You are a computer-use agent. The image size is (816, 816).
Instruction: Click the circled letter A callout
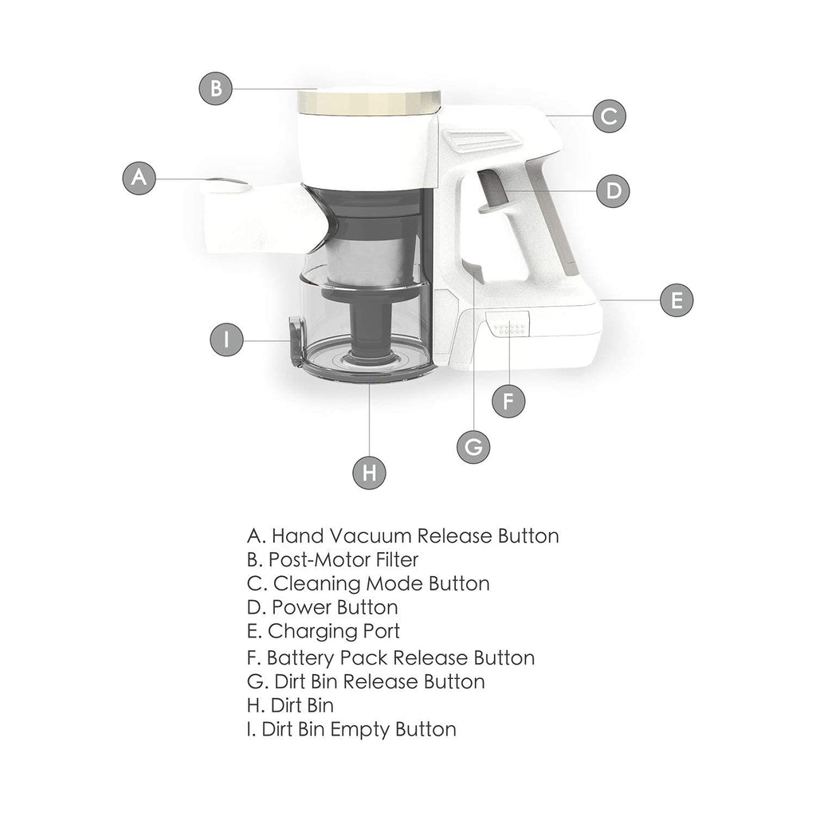[139, 178]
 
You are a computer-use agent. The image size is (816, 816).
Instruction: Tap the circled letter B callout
[215, 88]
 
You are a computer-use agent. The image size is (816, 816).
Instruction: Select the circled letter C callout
[610, 116]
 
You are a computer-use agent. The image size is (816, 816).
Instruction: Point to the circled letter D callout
[613, 191]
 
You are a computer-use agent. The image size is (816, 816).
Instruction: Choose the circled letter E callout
[677, 300]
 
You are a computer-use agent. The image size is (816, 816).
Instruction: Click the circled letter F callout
[508, 402]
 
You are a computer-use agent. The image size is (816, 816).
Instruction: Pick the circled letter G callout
[473, 447]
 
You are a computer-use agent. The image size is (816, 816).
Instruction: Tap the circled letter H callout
[369, 473]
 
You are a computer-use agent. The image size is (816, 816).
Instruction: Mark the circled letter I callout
[226, 339]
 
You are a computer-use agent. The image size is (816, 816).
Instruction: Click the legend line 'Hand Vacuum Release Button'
[402, 536]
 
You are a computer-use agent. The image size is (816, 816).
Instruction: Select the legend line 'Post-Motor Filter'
[332, 560]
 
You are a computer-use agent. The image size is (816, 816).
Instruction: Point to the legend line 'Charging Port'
[324, 631]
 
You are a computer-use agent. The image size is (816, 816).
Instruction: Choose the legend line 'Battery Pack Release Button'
[390, 657]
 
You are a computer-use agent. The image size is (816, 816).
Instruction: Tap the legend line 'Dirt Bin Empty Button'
[351, 730]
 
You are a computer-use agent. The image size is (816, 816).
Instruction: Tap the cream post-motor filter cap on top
[368, 102]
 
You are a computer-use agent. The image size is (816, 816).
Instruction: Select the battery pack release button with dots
[508, 324]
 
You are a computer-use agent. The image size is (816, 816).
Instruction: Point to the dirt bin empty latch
[296, 341]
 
